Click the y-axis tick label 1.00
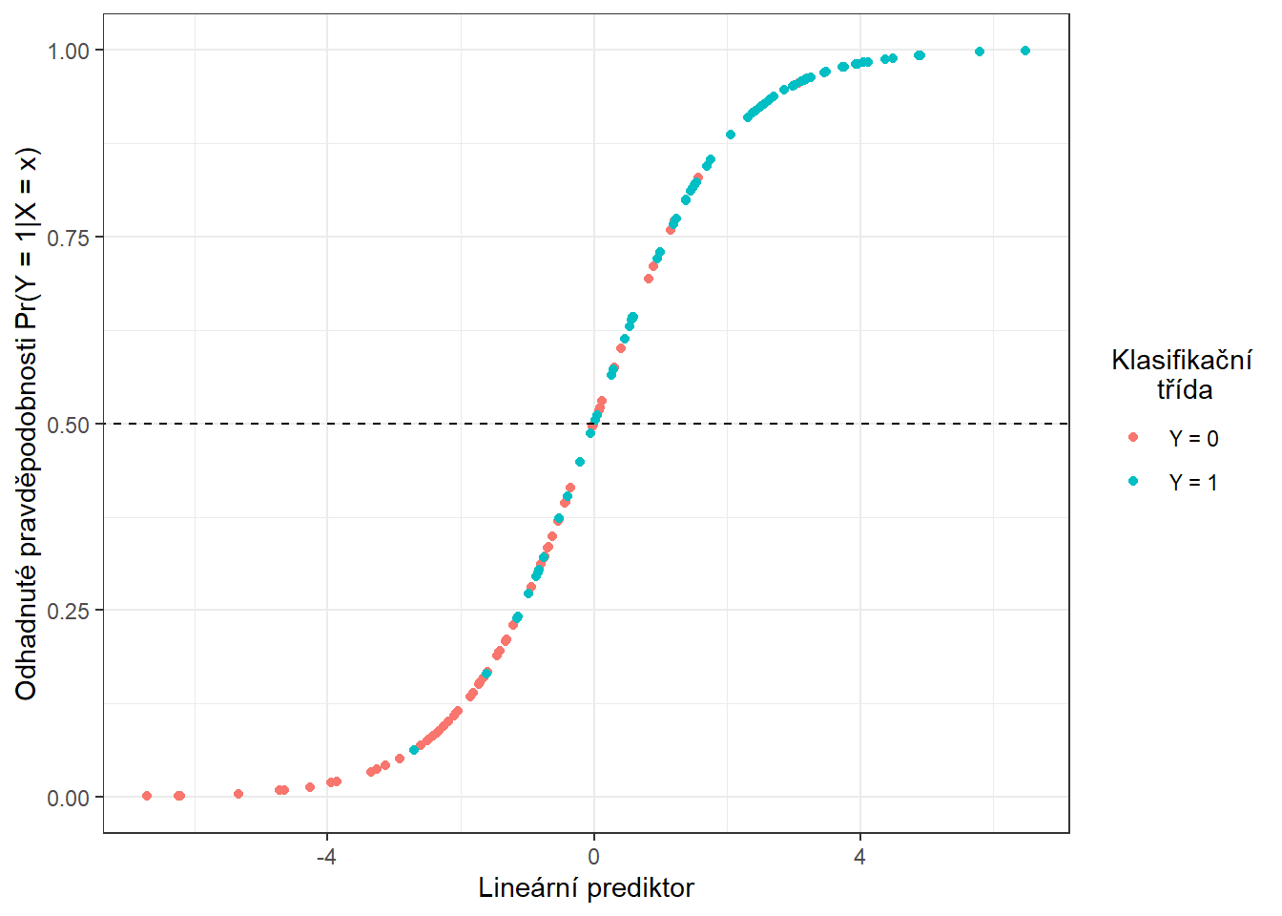click(69, 51)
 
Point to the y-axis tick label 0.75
click(69, 238)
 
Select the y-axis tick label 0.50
click(69, 424)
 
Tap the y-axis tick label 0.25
click(69, 611)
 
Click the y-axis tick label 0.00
click(69, 798)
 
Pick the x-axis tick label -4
click(326, 857)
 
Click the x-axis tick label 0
click(593, 857)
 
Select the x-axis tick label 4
click(859, 857)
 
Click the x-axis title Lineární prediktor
click(586, 888)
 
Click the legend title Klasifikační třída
click(1182, 374)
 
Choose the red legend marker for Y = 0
click(1133, 437)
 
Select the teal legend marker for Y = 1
click(1133, 481)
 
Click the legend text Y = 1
click(1193, 483)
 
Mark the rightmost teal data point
click(1025, 51)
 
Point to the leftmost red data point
click(147, 796)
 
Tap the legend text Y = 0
click(1193, 439)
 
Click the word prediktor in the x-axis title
click(640, 888)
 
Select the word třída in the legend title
click(1185, 389)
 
